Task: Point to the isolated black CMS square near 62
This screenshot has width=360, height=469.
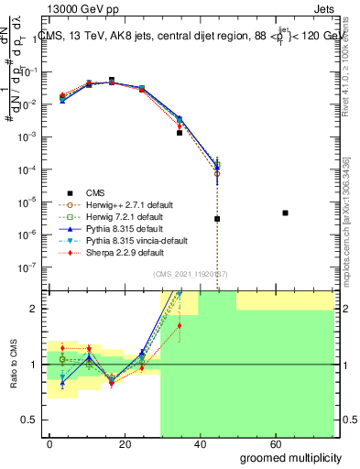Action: tap(286, 213)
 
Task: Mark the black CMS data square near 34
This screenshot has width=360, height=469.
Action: tap(180, 133)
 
